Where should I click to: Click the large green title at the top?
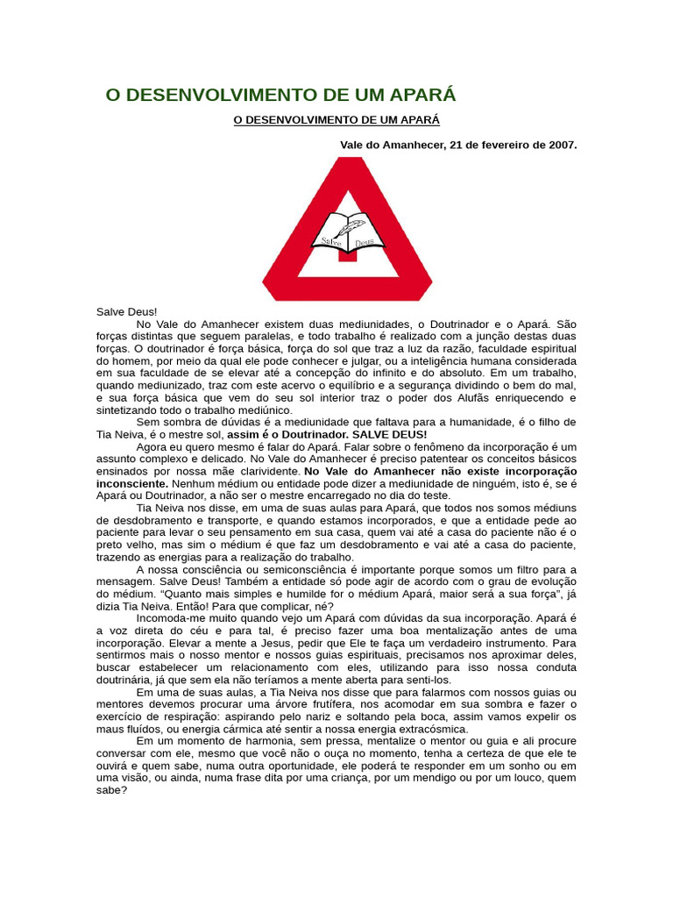point(280,95)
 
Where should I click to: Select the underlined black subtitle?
point(336,119)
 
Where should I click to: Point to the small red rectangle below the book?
point(347,255)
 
